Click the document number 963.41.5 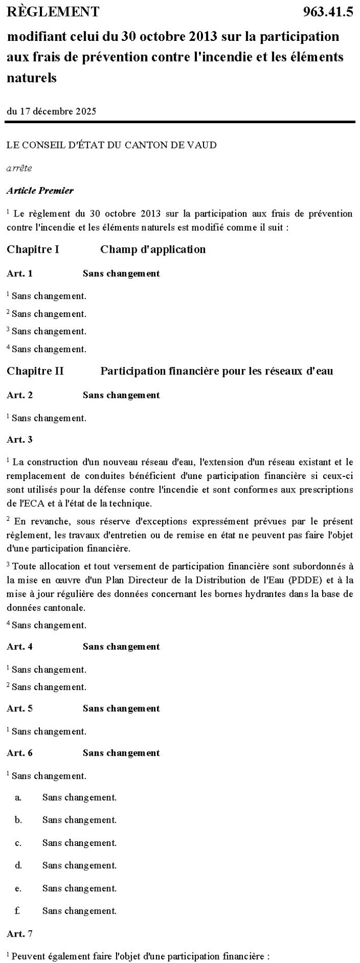point(328,12)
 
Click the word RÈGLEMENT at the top point(53,12)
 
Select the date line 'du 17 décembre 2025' point(52,111)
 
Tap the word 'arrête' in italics point(19,168)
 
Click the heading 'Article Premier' point(40,190)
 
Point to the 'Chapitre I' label point(33,249)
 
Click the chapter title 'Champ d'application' point(153,249)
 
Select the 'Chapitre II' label point(35,371)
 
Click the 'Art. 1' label point(20,274)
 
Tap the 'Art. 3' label point(20,439)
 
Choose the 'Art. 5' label point(20,708)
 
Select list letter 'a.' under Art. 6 point(18,797)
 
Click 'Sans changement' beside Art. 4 point(121,647)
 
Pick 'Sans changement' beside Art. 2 point(121,395)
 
